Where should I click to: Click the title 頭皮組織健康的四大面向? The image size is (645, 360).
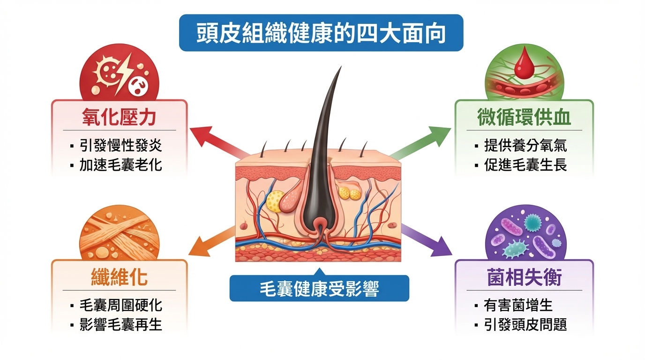pyautogui.click(x=321, y=33)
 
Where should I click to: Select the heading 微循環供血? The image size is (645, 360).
pyautogui.click(x=524, y=117)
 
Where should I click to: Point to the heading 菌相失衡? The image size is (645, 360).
pyautogui.click(x=524, y=277)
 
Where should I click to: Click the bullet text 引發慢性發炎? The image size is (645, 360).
pyautogui.click(x=120, y=145)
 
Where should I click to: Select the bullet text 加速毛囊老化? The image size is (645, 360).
pyautogui.click(x=120, y=165)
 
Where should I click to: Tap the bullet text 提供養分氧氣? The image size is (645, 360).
pyautogui.click(x=525, y=145)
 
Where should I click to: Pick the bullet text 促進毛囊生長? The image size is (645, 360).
pyautogui.click(x=525, y=165)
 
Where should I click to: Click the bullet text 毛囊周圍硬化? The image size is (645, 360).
pyautogui.click(x=120, y=305)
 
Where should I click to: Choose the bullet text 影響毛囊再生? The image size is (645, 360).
pyautogui.click(x=120, y=325)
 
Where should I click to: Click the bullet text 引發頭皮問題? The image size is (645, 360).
pyautogui.click(x=525, y=325)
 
